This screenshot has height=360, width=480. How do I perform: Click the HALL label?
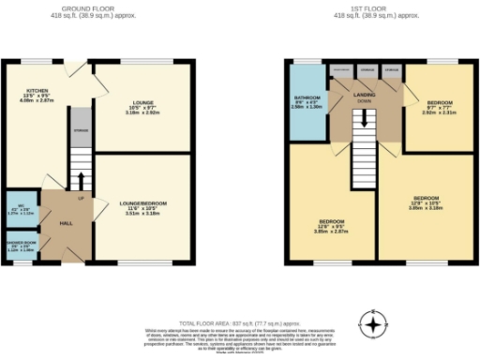pyautogui.click(x=67, y=224)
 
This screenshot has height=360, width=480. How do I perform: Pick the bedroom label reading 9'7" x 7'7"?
pyautogui.click(x=440, y=106)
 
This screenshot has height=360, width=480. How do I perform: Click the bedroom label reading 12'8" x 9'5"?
pyautogui.click(x=331, y=223)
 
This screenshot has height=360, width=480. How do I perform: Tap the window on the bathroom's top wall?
pyautogui.click(x=307, y=63)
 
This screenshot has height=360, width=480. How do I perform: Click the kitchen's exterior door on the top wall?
pyautogui.click(x=76, y=64)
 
